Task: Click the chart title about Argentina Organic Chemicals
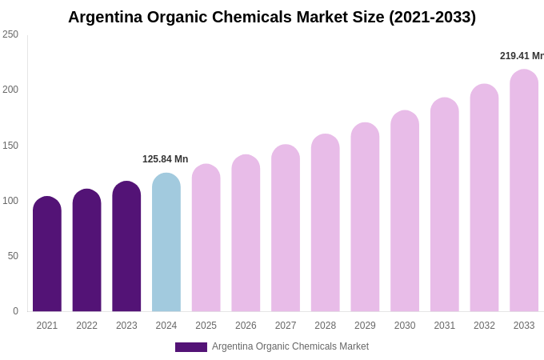pyautogui.click(x=272, y=17)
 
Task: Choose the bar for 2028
pyautogui.click(x=326, y=223)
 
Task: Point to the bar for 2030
pyautogui.click(x=405, y=211)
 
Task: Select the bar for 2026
pyautogui.click(x=246, y=234)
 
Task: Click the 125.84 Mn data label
pyautogui.click(x=166, y=159)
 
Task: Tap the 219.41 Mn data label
pyautogui.click(x=522, y=56)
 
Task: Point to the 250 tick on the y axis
pyautogui.click(x=10, y=34)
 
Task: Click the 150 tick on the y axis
pyautogui.click(x=10, y=146)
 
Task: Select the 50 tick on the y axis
pyautogui.click(x=13, y=256)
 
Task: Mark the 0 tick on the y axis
pyautogui.click(x=15, y=311)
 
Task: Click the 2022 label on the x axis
pyautogui.click(x=86, y=326)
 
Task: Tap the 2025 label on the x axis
pyautogui.click(x=206, y=326)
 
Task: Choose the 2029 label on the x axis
pyautogui.click(x=365, y=326)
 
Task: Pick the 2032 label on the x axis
pyautogui.click(x=484, y=326)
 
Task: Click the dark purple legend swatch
pyautogui.click(x=191, y=347)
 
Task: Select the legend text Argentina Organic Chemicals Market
pyautogui.click(x=290, y=346)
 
